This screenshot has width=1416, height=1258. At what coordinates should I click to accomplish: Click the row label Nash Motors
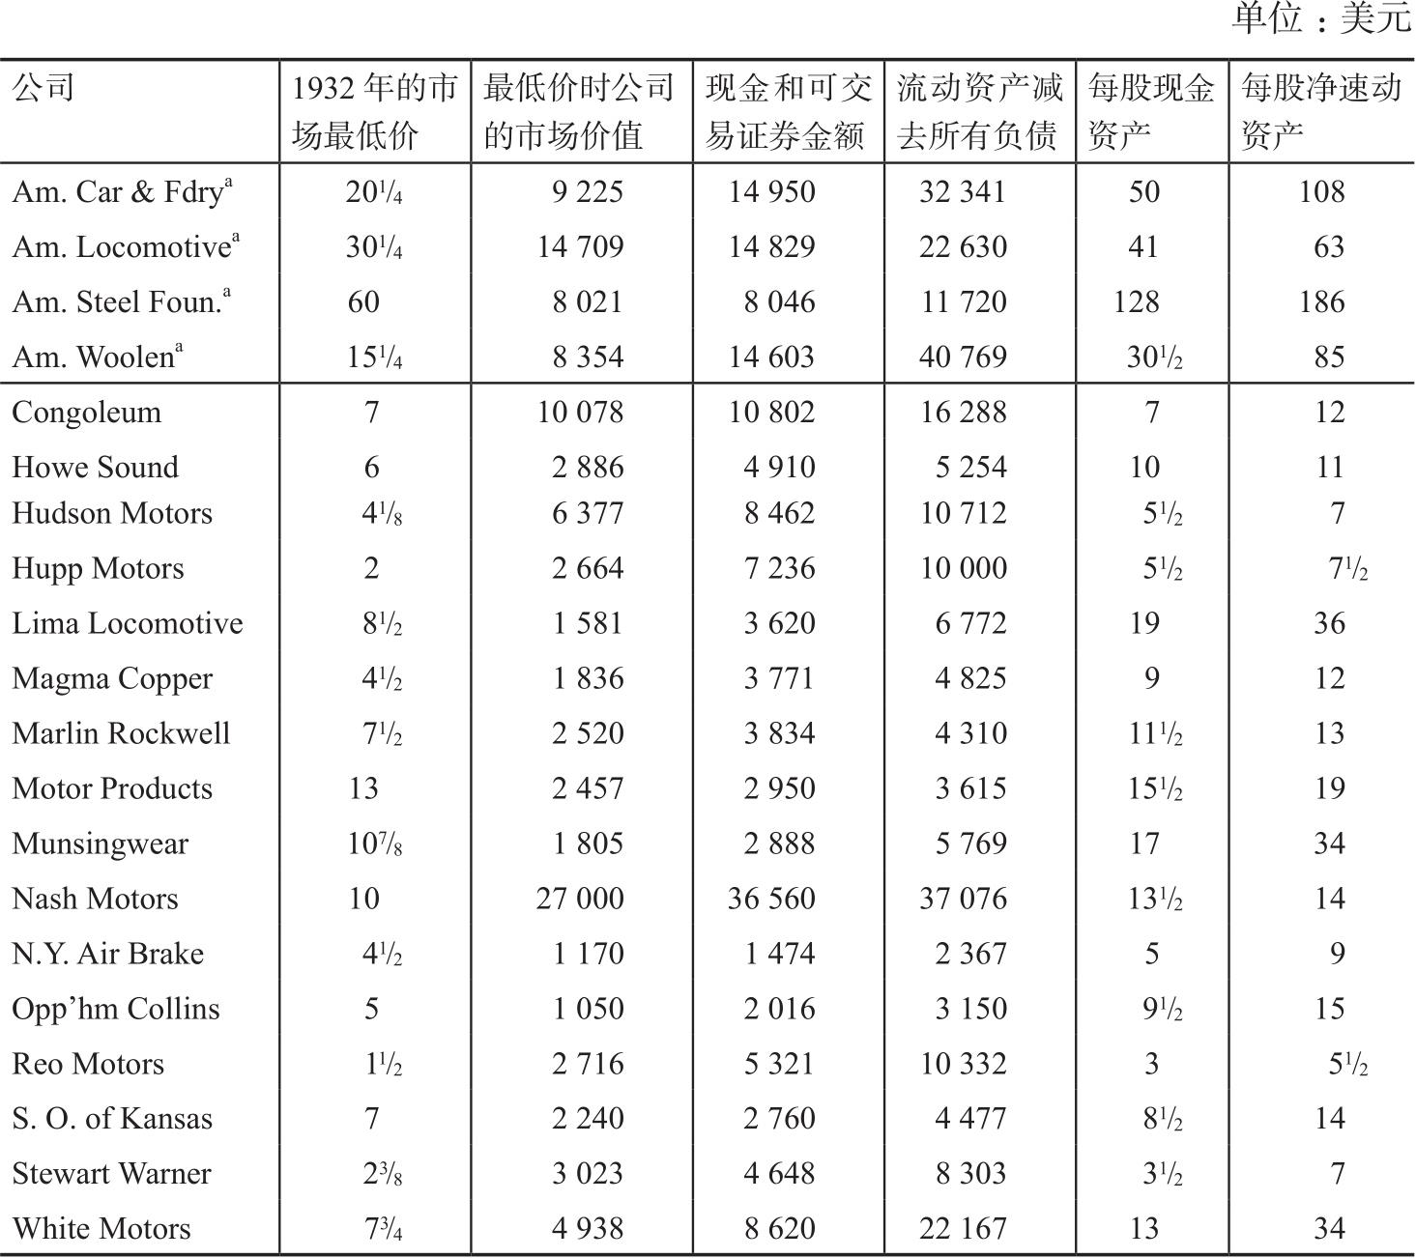[x=95, y=899]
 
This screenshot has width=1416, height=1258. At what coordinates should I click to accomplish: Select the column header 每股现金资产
[x=1150, y=111]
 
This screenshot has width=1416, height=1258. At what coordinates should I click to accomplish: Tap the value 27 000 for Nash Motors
[x=580, y=899]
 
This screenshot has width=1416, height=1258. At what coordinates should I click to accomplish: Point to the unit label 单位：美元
[x=1321, y=18]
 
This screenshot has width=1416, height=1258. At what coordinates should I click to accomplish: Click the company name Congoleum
[x=86, y=413]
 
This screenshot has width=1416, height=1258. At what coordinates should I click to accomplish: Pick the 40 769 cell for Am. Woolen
[x=963, y=357]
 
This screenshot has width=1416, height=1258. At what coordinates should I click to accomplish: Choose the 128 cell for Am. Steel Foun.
[x=1136, y=302]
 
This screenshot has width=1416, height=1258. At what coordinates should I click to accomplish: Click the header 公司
[x=43, y=89]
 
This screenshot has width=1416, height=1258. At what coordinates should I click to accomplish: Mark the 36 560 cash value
[x=771, y=899]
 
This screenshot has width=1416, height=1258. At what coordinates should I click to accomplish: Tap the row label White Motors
[x=101, y=1229]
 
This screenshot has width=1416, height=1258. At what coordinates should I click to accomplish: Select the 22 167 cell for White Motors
[x=963, y=1229]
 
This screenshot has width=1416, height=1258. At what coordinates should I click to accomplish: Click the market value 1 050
[x=588, y=1009]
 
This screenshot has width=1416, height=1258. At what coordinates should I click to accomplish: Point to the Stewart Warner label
[x=111, y=1174]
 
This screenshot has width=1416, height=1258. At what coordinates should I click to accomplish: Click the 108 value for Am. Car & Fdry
[x=1321, y=192]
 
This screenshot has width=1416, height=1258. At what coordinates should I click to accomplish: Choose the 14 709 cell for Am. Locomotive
[x=580, y=247]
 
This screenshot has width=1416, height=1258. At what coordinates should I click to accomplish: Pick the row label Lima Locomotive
[x=127, y=623]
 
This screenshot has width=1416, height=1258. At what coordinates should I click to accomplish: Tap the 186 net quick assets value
[x=1321, y=302]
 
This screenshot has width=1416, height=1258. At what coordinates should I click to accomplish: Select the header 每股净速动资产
[x=1320, y=111]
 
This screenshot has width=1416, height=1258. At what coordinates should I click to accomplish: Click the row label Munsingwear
[x=100, y=843]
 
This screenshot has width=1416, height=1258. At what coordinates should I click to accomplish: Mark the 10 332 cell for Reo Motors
[x=963, y=1064]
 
